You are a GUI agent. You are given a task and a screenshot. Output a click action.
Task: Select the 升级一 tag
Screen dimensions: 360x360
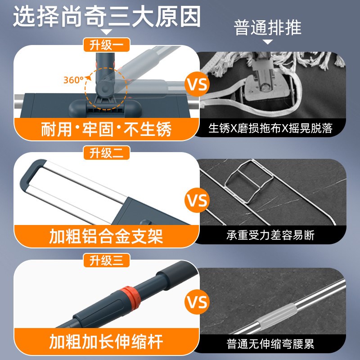click(x=107, y=45)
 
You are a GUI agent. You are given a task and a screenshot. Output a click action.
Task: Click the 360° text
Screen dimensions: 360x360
click(x=73, y=80)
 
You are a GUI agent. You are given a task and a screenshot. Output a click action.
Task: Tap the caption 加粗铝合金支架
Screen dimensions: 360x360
click(x=106, y=236)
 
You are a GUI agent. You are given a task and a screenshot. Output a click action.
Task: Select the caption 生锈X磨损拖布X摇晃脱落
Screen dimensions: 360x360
click(x=270, y=129)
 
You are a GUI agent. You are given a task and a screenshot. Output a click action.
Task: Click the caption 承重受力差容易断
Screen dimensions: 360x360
click(x=270, y=235)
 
